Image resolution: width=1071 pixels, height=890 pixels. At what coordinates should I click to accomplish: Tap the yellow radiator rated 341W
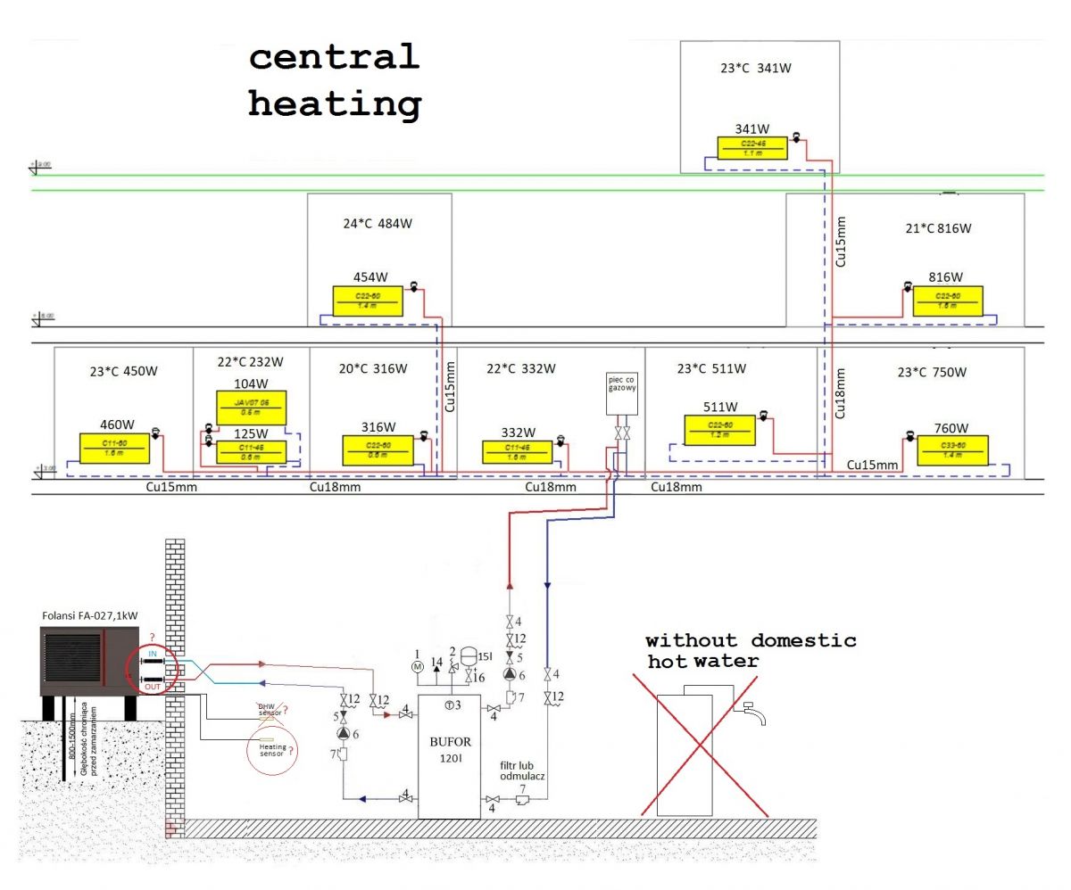(x=752, y=147)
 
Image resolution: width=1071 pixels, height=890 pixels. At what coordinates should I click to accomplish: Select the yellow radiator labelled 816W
(x=947, y=301)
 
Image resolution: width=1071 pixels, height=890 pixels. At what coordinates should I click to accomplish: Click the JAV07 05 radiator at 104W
(x=251, y=408)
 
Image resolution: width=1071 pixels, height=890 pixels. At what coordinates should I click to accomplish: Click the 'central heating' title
(x=335, y=80)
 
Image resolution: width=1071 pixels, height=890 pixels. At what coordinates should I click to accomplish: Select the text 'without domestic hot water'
(x=750, y=650)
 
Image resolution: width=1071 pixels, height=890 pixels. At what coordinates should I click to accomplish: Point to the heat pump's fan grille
(x=73, y=661)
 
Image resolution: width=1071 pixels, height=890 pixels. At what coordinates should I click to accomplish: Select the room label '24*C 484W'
(x=378, y=224)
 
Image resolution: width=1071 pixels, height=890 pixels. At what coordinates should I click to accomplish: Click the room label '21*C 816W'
(x=937, y=228)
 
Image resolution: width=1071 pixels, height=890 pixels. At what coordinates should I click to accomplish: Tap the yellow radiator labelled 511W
(x=719, y=432)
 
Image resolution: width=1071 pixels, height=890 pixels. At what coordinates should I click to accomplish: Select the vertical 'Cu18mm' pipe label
(x=840, y=392)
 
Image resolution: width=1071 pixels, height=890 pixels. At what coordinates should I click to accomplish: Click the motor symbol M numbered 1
(x=417, y=665)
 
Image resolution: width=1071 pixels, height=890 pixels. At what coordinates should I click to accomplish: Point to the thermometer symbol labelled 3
(x=449, y=705)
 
